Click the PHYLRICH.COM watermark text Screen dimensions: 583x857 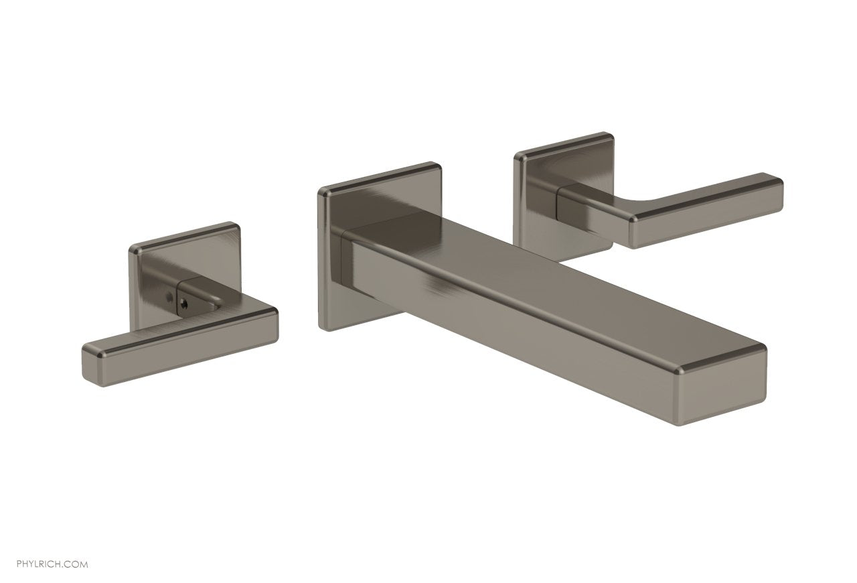(x=52, y=545)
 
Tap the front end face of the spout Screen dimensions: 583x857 (x=726, y=387)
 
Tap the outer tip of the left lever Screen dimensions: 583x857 (x=88, y=365)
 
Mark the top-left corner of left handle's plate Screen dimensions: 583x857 (x=133, y=249)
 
